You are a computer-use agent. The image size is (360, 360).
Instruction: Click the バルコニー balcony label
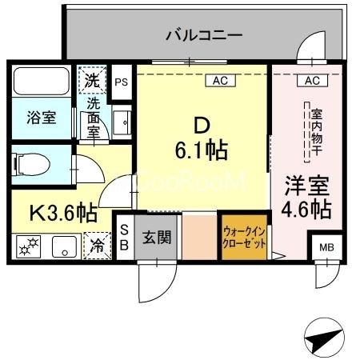point(204,35)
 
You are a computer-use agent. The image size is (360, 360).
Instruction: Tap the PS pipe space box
point(122,82)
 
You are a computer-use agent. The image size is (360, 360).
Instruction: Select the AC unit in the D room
point(220,81)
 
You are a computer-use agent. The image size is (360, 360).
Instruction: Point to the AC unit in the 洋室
point(312,81)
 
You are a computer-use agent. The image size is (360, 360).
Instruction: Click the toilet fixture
point(31,164)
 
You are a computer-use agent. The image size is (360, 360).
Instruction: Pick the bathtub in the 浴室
point(42,81)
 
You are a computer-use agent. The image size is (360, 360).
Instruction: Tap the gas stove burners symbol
point(28,246)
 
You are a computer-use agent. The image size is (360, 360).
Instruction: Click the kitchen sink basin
point(64,246)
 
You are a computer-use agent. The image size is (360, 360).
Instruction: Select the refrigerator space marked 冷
point(97,246)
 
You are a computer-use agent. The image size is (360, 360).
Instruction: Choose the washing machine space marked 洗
point(92,80)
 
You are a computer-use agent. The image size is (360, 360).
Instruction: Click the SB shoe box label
point(124,237)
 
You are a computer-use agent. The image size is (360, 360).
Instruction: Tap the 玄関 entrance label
point(157,237)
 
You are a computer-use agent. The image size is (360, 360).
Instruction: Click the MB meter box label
point(326,248)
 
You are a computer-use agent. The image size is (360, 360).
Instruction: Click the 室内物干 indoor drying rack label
point(317,132)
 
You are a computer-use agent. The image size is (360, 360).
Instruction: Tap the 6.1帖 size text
point(202,150)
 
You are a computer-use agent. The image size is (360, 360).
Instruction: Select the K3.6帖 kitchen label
point(63,213)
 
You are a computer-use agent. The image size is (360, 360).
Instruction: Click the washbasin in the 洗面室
point(122,122)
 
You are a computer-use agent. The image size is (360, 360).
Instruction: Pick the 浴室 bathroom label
point(42,118)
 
